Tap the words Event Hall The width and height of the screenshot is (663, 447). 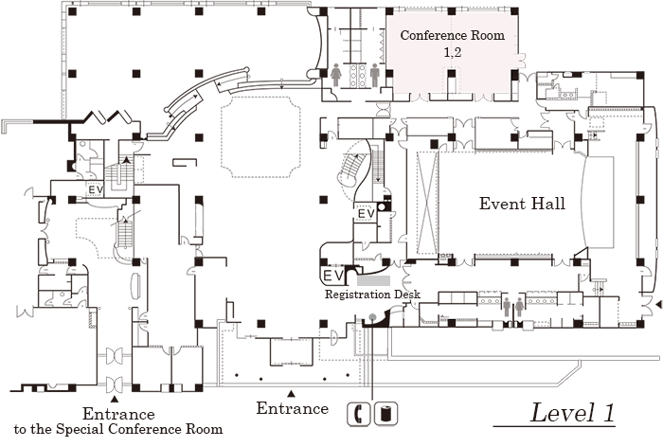pos(522,204)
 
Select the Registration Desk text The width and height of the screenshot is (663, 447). pos(372,295)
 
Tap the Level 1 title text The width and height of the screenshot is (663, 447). pos(572,413)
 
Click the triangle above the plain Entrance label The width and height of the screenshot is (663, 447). pos(292,392)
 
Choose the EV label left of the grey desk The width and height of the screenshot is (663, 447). pos(333,275)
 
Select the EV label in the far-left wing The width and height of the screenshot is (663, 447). pos(96,189)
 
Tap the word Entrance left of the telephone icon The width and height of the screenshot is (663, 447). pos(292,409)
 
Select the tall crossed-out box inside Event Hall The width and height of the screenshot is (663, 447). pos(423,204)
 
